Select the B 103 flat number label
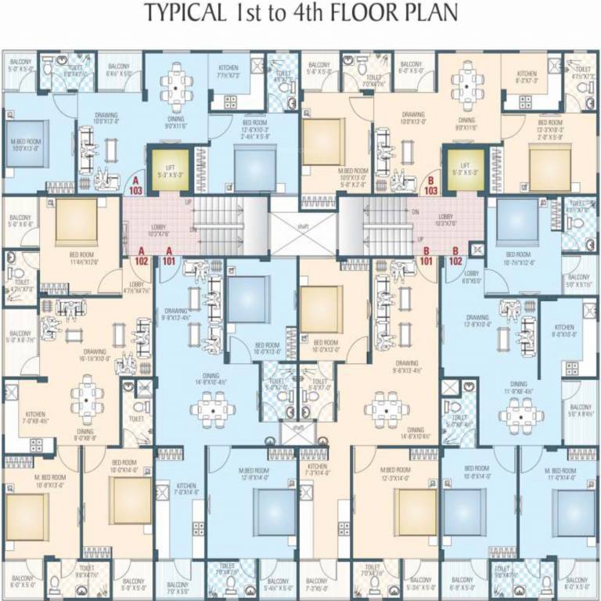pyautogui.click(x=430, y=185)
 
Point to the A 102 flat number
pyautogui.click(x=142, y=256)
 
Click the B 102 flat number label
pyautogui.click(x=455, y=256)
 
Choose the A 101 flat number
pyautogui.click(x=167, y=256)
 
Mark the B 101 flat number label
pyautogui.click(x=427, y=256)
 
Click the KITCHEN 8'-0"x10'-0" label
pyautogui.click(x=563, y=331)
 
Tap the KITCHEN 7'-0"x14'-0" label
pyautogui.click(x=185, y=488)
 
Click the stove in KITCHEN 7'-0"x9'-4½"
pyautogui.click(x=36, y=444)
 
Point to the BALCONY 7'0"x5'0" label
pyautogui.click(x=178, y=588)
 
